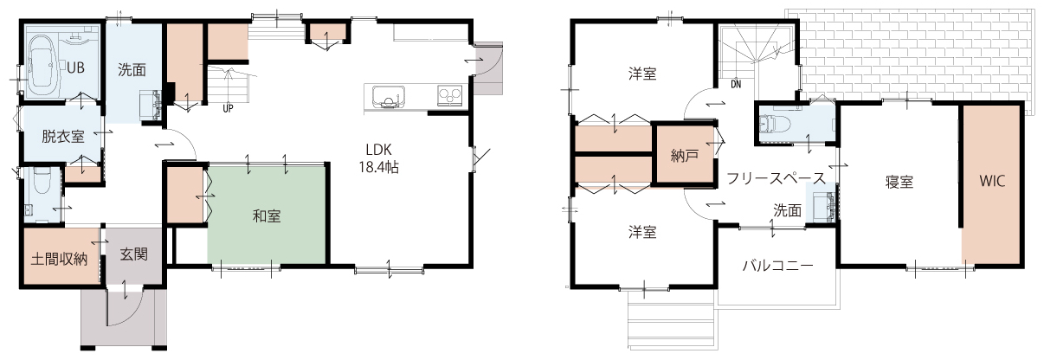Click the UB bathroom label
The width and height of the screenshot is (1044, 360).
click(75, 68)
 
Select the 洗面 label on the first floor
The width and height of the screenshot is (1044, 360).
click(132, 70)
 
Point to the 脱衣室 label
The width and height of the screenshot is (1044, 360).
click(63, 137)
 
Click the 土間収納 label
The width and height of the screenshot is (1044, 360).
click(59, 259)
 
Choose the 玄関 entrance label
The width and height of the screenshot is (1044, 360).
click(134, 254)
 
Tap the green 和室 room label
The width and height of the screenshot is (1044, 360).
click(267, 216)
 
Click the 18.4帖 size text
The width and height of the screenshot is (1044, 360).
click(378, 167)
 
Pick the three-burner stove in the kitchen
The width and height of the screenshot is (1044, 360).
click(450, 96)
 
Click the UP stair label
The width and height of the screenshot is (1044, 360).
click(228, 109)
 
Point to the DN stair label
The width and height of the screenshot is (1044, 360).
click(736, 85)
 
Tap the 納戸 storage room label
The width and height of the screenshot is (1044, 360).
click(685, 156)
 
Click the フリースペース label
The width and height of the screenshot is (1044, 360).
click(776, 178)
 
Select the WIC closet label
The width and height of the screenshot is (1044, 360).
click(992, 181)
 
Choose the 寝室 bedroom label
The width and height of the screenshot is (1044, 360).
click(899, 182)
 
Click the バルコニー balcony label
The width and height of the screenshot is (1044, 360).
click(778, 266)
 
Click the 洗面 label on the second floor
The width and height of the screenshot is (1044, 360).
click(788, 210)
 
